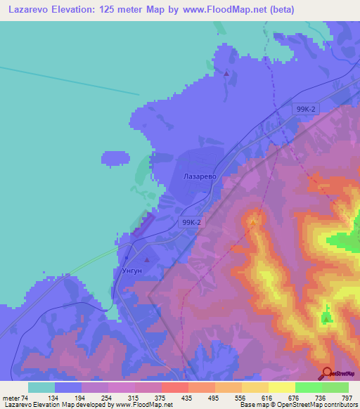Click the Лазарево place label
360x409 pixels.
tap(199, 177)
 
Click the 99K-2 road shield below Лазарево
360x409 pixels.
tap(191, 222)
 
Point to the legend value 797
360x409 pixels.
tap(347, 397)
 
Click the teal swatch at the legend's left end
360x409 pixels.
tap(41, 387)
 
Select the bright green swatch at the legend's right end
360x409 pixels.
tap(335, 387)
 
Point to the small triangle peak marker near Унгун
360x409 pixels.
tap(147, 261)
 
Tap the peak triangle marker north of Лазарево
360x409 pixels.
tap(226, 72)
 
